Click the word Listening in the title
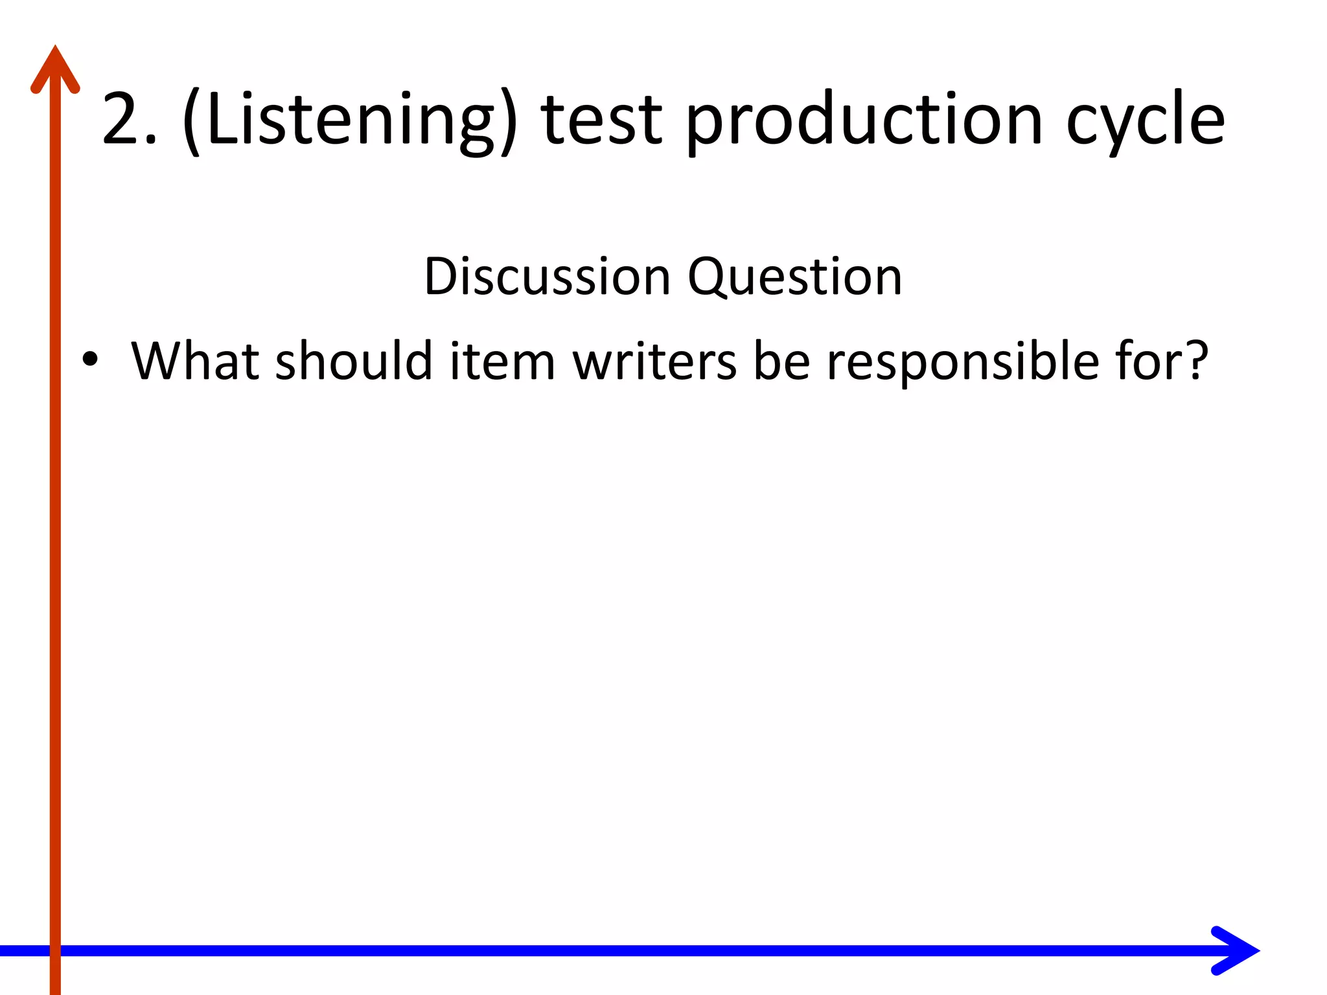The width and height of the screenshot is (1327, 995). (350, 119)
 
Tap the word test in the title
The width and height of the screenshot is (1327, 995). (602, 119)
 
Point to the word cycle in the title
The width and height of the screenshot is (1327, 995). (1145, 120)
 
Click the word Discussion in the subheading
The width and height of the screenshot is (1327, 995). (547, 277)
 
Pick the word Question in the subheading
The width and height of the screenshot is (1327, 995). (794, 278)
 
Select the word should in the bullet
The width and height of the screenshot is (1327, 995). (354, 360)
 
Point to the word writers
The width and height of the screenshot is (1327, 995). (654, 360)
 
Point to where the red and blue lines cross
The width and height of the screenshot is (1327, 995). (55, 950)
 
